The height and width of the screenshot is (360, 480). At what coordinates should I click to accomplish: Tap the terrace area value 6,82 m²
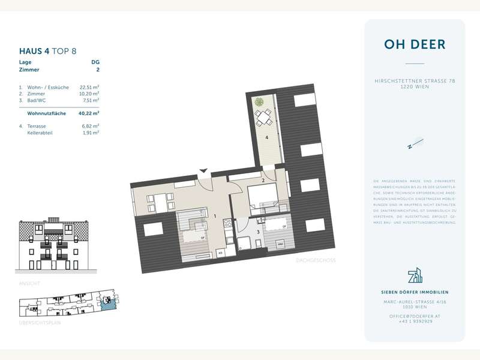click(x=90, y=126)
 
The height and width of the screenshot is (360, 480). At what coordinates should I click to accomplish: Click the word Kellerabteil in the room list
click(x=40, y=133)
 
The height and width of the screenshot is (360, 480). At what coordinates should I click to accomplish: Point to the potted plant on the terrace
click(x=259, y=102)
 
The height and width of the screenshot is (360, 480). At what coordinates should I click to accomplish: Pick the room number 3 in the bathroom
click(x=259, y=230)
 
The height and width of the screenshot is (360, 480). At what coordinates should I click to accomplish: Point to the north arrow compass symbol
click(x=415, y=143)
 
